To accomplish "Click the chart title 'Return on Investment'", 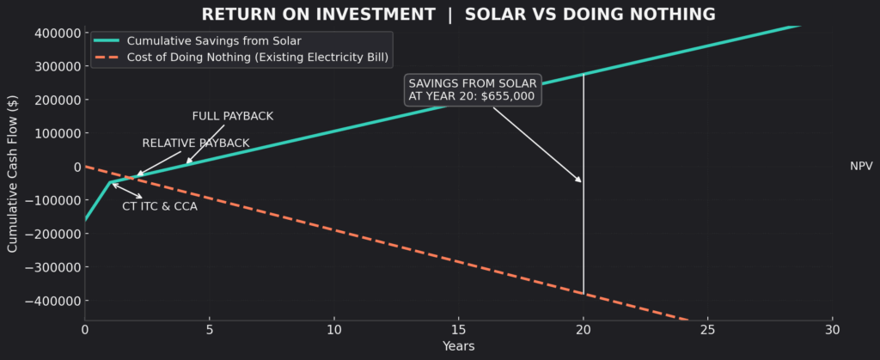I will pyautogui.click(x=457, y=15).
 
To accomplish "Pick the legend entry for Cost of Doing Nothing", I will pyautogui.click(x=257, y=58).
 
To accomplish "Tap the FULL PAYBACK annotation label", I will pyautogui.click(x=232, y=116).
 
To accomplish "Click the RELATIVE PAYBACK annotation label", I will pyautogui.click(x=196, y=143).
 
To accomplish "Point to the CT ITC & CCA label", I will pyautogui.click(x=160, y=206).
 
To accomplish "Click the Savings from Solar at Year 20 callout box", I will pyautogui.click(x=473, y=89).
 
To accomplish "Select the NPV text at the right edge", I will pyautogui.click(x=861, y=166).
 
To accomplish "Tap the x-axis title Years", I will pyautogui.click(x=458, y=345).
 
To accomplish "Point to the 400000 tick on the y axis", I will pyautogui.click(x=54, y=33).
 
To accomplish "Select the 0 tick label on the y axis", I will pyautogui.click(x=75, y=167).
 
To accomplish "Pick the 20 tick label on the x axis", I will pyautogui.click(x=584, y=329).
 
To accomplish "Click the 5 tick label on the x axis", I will pyautogui.click(x=209, y=329).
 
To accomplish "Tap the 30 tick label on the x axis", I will pyautogui.click(x=832, y=329).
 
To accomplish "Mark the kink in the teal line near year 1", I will pyautogui.click(x=110, y=182).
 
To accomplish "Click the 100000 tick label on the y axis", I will pyautogui.click(x=54, y=133).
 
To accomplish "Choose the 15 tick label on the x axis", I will pyautogui.click(x=458, y=329).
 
